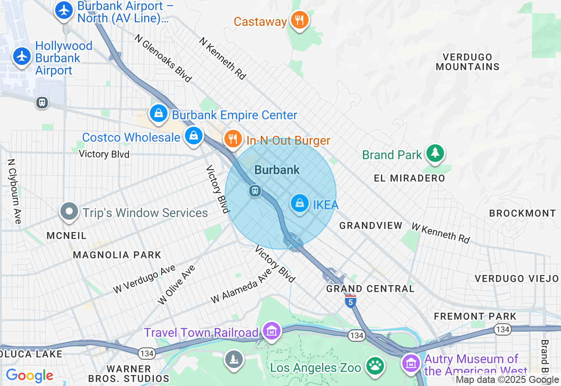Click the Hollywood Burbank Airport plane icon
coord(21,57)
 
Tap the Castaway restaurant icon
coord(300,20)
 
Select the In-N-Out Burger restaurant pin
coord(233,139)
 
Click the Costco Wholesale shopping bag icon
coord(193,136)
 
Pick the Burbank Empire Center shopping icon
coord(159,114)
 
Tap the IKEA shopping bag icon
coord(300,203)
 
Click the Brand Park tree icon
coord(435,153)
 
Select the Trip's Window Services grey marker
coord(69,212)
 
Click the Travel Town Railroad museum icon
coord(272,330)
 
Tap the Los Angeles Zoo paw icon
coord(375,365)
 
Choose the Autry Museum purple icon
coord(411,363)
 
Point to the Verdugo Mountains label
coord(468,62)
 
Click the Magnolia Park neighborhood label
coord(117,255)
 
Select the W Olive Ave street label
coord(177,285)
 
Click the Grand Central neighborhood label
coord(370,289)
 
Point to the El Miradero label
coord(409,178)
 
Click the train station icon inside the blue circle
coord(255,191)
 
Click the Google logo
coord(30,375)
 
